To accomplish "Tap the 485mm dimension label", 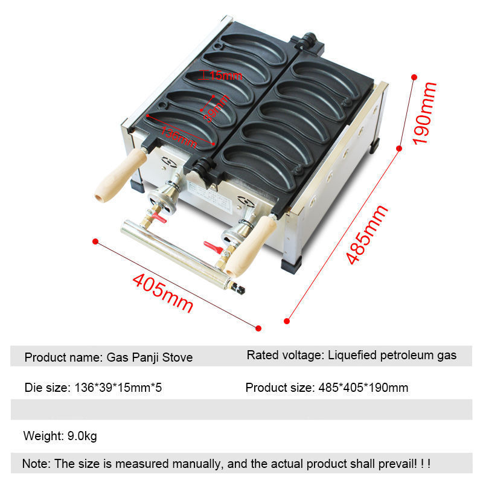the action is click(x=366, y=235).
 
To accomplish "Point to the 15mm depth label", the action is click(x=225, y=75).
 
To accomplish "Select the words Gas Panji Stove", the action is click(x=150, y=357).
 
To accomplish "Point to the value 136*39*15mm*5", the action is click(x=118, y=388).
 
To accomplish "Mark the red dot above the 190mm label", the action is click(x=415, y=77).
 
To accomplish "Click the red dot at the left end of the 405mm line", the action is click(x=95, y=241).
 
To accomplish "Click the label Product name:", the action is click(x=63, y=357).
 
